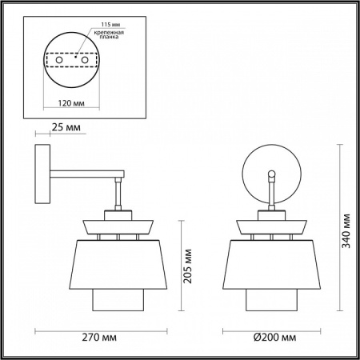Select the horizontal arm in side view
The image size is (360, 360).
pos(84,174)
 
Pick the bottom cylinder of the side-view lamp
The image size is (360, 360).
pos(118,299)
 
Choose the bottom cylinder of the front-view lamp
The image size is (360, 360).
pos(271,299)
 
